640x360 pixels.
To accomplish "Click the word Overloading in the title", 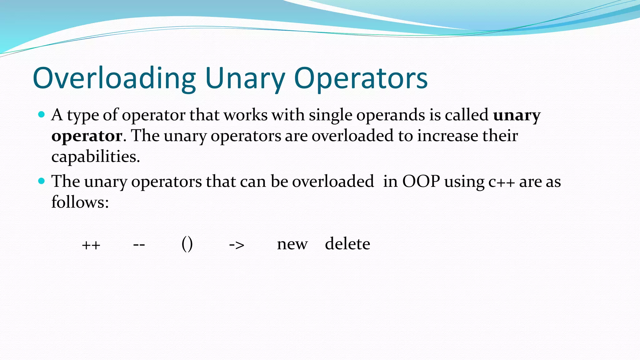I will point(114,78).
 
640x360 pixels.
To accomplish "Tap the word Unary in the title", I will point(245,78).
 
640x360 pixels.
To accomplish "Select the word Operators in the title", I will point(361,78).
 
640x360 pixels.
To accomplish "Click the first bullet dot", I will point(42,114).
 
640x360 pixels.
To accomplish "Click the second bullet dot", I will point(42,181).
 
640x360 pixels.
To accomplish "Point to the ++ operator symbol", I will point(91,245).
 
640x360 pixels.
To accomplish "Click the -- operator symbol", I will point(139,244).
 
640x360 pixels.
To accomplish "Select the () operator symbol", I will point(187,244).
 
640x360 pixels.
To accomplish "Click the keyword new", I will point(292,244).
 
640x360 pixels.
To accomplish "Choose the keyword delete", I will point(347,243).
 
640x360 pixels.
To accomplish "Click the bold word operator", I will point(87,136).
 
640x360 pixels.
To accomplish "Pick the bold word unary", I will point(517,115).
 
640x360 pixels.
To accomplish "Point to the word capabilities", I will point(95,156).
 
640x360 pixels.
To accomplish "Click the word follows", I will point(80,202).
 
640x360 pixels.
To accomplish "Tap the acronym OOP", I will point(421,181).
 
